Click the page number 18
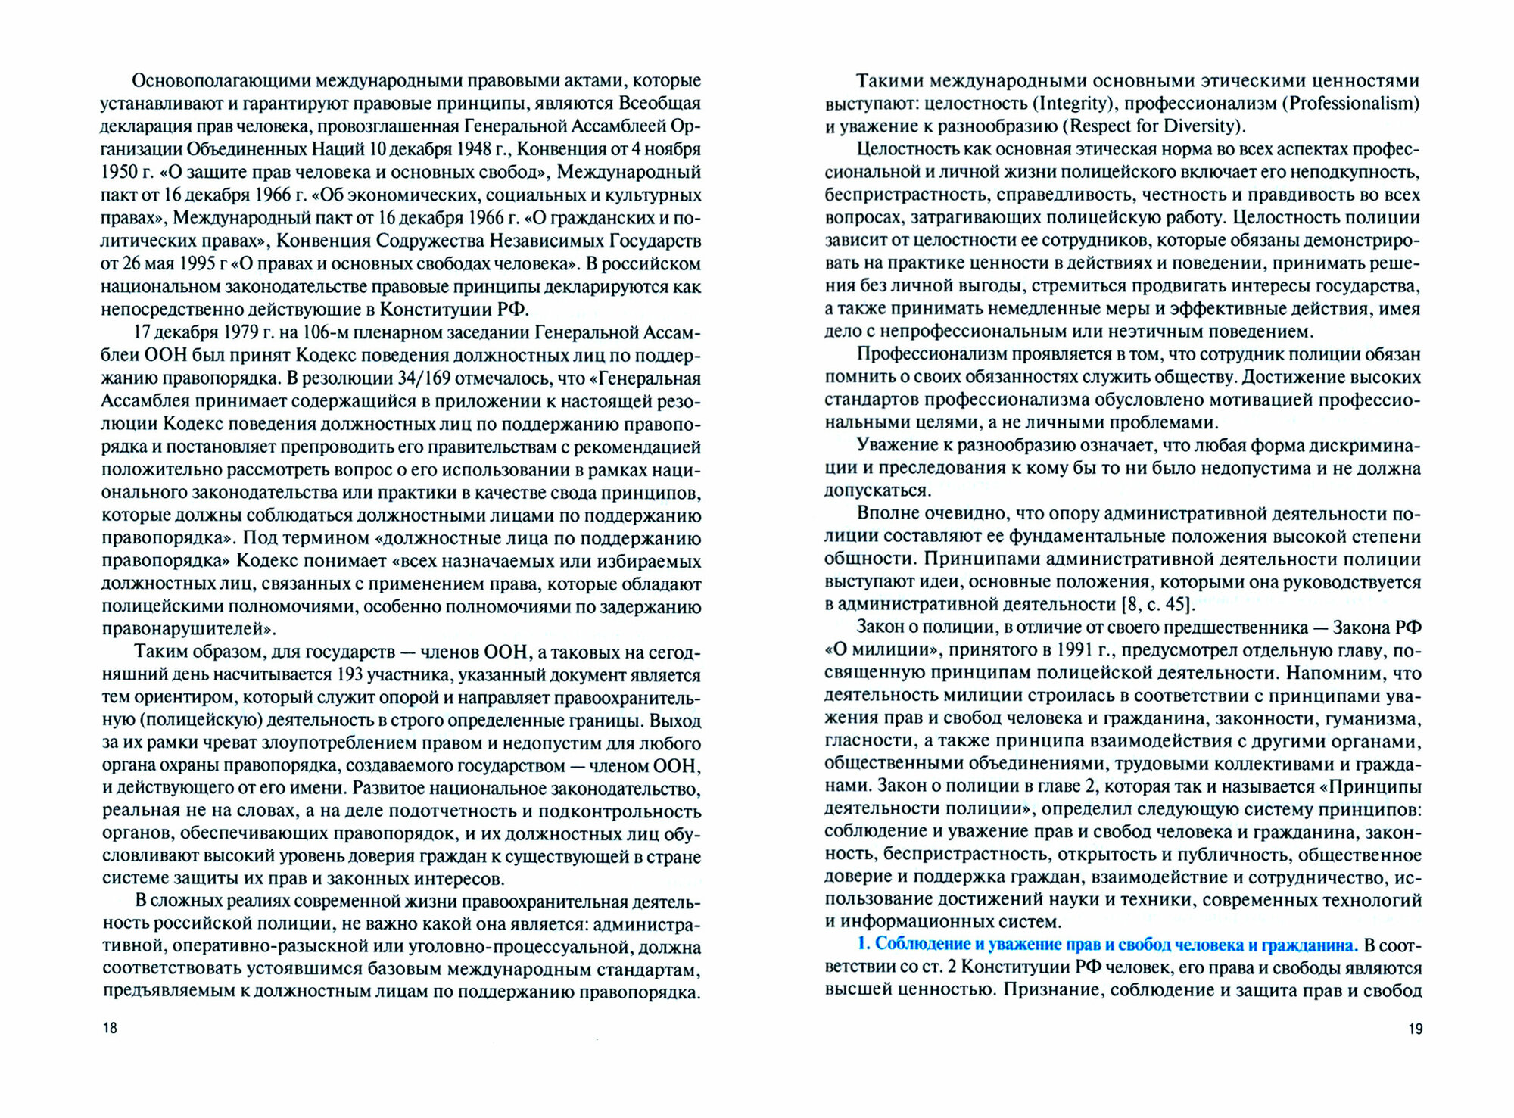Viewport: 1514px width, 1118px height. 110,1028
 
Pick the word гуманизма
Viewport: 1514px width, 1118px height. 1370,719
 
